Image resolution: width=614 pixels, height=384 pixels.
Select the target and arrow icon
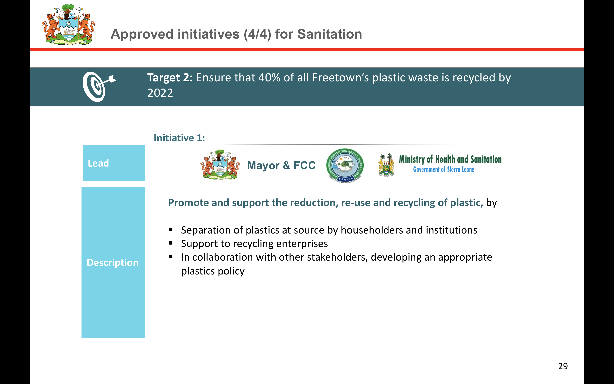(x=99, y=87)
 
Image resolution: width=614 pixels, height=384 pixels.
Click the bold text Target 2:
(x=170, y=78)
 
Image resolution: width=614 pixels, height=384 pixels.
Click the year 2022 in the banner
(x=160, y=93)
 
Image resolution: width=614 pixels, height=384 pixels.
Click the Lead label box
(x=114, y=163)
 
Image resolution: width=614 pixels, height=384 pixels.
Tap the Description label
(x=113, y=262)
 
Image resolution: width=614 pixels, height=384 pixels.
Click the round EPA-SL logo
(x=345, y=165)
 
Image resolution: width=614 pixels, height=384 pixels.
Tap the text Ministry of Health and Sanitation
(x=450, y=159)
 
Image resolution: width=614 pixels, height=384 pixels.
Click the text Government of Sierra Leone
(x=444, y=169)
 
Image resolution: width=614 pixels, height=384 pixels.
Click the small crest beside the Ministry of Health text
(x=386, y=165)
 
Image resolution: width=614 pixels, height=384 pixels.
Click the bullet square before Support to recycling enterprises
(x=171, y=243)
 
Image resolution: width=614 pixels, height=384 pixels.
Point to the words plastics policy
(x=213, y=271)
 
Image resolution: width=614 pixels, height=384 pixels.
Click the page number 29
(x=563, y=366)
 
